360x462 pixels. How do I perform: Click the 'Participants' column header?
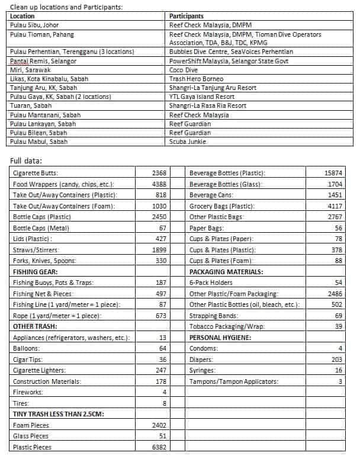pyautogui.click(x=187, y=16)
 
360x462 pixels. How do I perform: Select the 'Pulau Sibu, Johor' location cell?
pyautogui.click(x=35, y=25)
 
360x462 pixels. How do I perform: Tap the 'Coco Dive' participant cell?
pyautogui.click(x=184, y=69)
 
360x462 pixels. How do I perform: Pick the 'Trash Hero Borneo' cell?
pyautogui.click(x=196, y=78)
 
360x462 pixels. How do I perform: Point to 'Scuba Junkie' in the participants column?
pyautogui.click(x=188, y=142)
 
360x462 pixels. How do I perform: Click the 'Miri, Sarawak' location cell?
pyautogui.click(x=30, y=69)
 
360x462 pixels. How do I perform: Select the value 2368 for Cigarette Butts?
pyautogui.click(x=159, y=173)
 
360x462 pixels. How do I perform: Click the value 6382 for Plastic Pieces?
pyautogui.click(x=159, y=447)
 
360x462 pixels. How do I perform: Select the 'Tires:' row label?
pyautogui.click(x=20, y=403)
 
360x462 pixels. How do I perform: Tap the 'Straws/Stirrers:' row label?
pyautogui.click(x=34, y=250)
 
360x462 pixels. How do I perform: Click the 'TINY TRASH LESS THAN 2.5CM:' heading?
pyautogui.click(x=59, y=414)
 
